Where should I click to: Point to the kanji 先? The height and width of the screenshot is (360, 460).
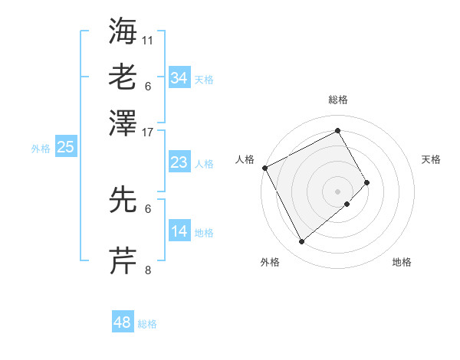click(123, 200)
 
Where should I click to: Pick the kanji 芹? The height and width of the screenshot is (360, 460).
click(123, 261)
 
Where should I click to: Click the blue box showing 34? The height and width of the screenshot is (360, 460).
click(179, 77)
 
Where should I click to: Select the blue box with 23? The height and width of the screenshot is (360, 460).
click(179, 162)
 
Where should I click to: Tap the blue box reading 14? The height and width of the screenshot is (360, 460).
click(179, 231)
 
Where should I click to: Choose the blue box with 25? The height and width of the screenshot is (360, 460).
click(65, 147)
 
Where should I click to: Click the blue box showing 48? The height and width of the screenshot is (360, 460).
click(122, 322)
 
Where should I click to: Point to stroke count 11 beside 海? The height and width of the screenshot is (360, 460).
click(148, 39)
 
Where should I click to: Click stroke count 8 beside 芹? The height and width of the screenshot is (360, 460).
click(148, 270)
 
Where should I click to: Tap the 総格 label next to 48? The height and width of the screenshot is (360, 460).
click(147, 324)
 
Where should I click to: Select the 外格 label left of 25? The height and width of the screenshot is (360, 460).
click(40, 149)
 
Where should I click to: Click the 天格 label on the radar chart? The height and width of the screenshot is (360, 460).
click(431, 159)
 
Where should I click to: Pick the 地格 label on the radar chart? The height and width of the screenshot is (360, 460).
click(402, 262)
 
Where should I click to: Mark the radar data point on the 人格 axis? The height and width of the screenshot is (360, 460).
click(264, 167)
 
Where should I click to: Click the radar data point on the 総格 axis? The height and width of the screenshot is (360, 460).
click(337, 130)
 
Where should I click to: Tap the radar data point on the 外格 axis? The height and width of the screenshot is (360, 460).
click(301, 242)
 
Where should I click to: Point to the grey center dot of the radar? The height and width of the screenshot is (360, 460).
click(337, 191)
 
